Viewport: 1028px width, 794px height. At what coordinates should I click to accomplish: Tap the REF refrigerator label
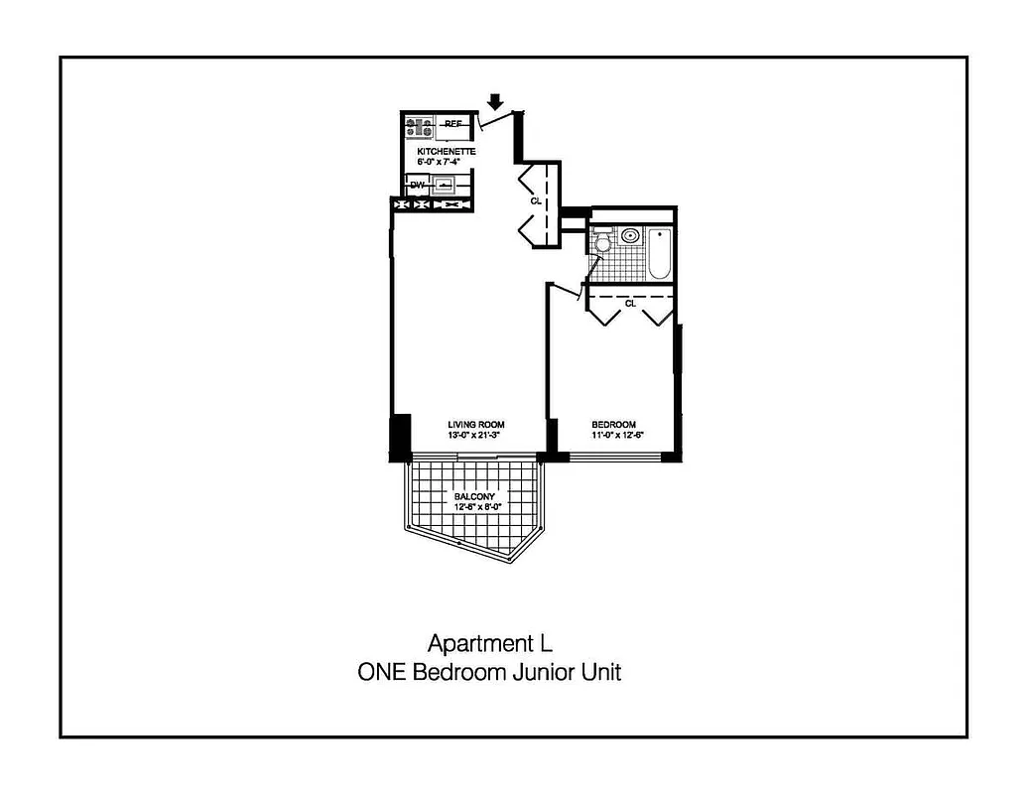[453, 124]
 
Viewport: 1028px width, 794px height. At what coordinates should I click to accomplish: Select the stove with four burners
[419, 128]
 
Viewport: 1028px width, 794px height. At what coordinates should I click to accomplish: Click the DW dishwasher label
[417, 185]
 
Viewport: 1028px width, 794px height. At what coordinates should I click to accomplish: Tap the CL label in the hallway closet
[536, 201]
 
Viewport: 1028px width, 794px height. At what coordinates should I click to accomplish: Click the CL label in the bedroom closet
[629, 304]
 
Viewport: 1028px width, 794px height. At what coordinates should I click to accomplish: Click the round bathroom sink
[629, 236]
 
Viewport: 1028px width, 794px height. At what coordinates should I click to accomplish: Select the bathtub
[659, 253]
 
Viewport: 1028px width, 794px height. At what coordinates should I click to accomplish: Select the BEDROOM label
[613, 425]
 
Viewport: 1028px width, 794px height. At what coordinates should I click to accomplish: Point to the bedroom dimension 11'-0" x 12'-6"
[613, 435]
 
